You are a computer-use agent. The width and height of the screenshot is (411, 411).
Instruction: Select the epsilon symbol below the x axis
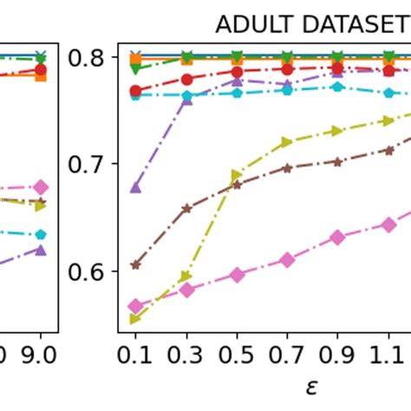(312, 386)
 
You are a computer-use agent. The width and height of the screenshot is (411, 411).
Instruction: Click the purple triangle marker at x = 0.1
(135, 186)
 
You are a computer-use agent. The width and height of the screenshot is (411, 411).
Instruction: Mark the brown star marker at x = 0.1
(135, 264)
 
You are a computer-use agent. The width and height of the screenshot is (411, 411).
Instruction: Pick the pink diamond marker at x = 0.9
(338, 238)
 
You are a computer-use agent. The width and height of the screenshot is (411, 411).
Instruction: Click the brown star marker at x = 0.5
(237, 183)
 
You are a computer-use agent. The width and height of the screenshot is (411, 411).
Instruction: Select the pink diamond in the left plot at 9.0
(41, 187)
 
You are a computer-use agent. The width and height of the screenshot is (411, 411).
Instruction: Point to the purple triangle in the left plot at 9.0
(41, 250)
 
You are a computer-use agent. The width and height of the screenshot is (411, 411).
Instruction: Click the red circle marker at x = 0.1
(135, 91)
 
